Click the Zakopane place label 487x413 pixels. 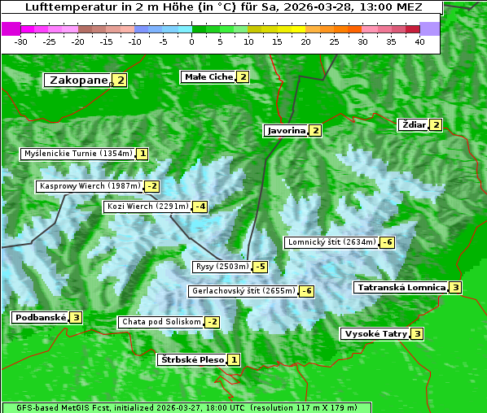78,80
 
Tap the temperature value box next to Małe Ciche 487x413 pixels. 243,77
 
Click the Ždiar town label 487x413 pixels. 413,124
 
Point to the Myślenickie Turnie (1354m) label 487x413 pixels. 77,154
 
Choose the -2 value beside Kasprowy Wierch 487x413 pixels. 152,187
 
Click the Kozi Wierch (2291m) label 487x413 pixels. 147,206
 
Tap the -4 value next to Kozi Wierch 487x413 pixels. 200,206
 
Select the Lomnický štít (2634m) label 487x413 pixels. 331,242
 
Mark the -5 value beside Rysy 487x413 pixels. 260,267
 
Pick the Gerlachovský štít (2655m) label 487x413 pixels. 243,291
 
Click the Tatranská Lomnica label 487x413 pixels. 401,288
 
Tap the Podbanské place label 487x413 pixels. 39,318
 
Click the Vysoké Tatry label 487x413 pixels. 375,334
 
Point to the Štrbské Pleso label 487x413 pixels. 191,360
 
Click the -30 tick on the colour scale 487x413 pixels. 21,41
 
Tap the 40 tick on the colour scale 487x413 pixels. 419,41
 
